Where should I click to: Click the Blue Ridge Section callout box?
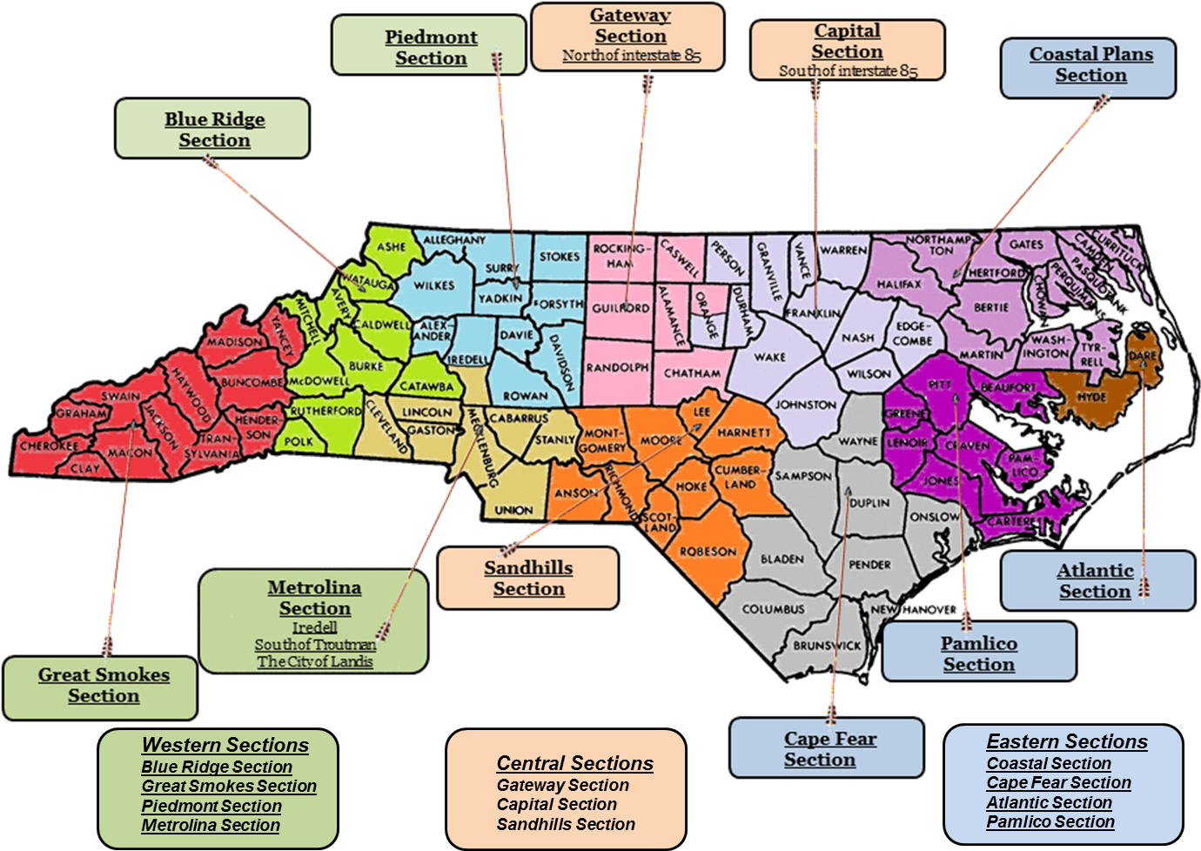pyautogui.click(x=213, y=129)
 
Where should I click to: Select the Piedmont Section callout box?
pyautogui.click(x=430, y=47)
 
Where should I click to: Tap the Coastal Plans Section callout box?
pyautogui.click(x=1090, y=64)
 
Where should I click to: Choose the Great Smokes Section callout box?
pyautogui.click(x=103, y=685)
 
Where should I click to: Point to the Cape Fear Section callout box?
pyautogui.click(x=827, y=748)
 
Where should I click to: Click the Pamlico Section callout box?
pyautogui.click(x=978, y=653)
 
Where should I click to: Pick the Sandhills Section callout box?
pyautogui.click(x=528, y=578)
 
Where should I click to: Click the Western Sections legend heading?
pyautogui.click(x=225, y=745)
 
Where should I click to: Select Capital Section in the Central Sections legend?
pyautogui.click(x=556, y=804)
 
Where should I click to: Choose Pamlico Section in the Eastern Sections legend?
pyautogui.click(x=1050, y=821)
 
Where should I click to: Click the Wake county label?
pyautogui.click(x=769, y=357)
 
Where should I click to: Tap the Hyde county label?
pyautogui.click(x=1091, y=397)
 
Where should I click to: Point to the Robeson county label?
pyautogui.click(x=708, y=551)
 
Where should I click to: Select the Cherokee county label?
pyautogui.click(x=49, y=446)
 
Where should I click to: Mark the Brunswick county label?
pyautogui.click(x=827, y=646)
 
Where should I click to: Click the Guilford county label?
pyautogui.click(x=621, y=308)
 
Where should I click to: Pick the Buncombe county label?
pyautogui.click(x=252, y=382)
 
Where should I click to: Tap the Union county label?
pyautogui.click(x=513, y=510)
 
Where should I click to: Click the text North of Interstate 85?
pyautogui.click(x=631, y=56)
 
